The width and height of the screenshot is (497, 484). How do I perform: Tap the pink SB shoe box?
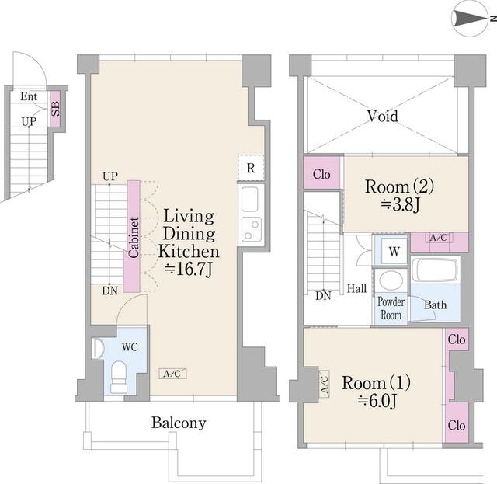55,109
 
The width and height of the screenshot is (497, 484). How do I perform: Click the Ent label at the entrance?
29,96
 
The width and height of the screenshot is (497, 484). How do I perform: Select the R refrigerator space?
251,168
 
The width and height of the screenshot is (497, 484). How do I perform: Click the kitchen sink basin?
250,199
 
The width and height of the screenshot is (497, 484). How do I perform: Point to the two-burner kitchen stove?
252,229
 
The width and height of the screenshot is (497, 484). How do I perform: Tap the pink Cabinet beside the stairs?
132,236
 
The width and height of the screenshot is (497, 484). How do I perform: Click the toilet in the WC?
119,378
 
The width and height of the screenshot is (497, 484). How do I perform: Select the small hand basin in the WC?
98,349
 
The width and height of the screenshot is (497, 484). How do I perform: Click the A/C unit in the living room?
172,374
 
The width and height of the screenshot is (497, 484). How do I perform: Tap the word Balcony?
179,423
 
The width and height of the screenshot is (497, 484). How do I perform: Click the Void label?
383,116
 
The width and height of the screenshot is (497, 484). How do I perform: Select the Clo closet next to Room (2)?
321,174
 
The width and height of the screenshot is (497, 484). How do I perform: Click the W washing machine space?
394,251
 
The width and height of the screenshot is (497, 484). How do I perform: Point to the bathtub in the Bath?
436,270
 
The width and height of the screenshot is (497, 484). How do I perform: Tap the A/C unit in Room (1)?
325,384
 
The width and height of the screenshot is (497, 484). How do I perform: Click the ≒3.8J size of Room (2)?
400,205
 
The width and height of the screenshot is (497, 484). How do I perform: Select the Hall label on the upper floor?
357,289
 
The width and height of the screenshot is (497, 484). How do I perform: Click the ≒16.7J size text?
188,270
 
